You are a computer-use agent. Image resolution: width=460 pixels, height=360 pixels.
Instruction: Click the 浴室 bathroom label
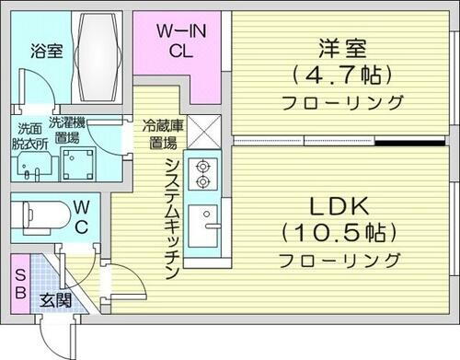[45, 52]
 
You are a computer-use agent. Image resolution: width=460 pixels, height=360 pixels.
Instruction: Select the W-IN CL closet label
[180, 41]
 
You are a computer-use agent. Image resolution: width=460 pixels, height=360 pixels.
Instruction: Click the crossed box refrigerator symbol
[202, 132]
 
